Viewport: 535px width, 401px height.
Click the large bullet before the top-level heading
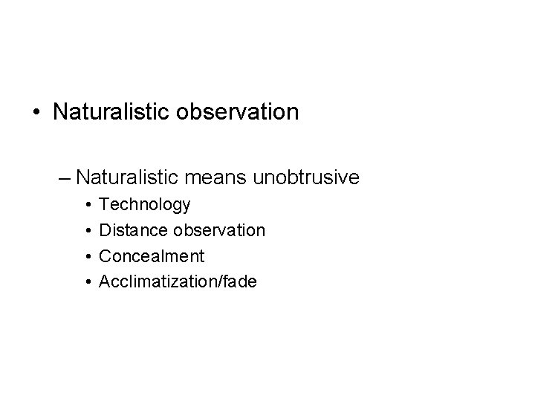(36, 113)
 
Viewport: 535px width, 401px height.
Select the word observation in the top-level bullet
(241, 112)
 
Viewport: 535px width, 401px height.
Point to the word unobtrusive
(308, 177)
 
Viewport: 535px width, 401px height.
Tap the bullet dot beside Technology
(88, 204)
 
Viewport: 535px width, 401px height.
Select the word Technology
(145, 205)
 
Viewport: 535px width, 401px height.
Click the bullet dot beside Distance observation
(88, 230)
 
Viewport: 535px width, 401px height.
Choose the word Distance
(131, 230)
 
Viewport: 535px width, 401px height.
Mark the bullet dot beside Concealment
(88, 256)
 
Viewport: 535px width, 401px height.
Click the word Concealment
(151, 256)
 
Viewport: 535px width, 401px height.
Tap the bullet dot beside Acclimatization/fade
(88, 281)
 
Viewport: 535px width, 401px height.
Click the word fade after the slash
(239, 281)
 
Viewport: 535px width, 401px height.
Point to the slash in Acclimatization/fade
(221, 281)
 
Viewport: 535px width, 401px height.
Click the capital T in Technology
(104, 204)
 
